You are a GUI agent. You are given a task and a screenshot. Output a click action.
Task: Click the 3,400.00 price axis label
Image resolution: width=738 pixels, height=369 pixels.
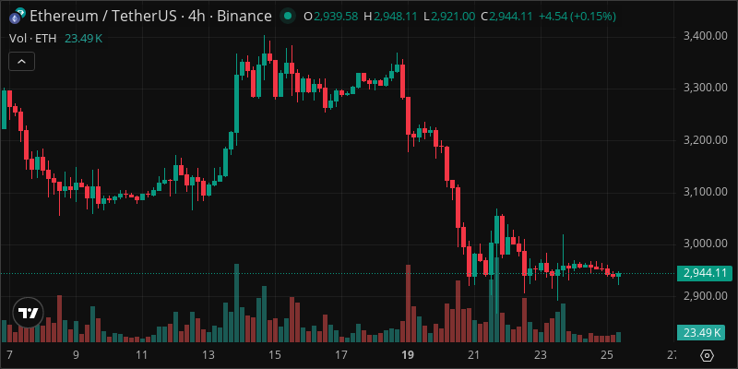click(705, 36)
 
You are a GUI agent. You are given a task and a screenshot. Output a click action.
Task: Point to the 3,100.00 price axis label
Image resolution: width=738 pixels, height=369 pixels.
click(705, 192)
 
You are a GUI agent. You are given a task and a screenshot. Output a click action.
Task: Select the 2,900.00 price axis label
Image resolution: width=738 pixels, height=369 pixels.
click(705, 296)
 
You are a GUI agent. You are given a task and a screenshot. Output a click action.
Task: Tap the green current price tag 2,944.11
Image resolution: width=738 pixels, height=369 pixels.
click(705, 273)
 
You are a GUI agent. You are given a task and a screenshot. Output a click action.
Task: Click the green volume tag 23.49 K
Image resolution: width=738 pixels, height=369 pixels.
click(705, 332)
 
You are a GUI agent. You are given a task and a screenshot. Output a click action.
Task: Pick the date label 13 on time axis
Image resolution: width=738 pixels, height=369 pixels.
click(208, 355)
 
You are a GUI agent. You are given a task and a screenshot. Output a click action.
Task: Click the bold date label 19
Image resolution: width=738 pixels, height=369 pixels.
click(407, 355)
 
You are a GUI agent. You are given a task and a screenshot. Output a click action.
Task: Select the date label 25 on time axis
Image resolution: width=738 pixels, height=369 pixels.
click(606, 355)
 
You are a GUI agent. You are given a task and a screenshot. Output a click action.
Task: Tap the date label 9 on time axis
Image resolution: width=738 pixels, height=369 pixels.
click(76, 355)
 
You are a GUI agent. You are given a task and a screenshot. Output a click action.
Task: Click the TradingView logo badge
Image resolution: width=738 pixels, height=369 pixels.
click(29, 313)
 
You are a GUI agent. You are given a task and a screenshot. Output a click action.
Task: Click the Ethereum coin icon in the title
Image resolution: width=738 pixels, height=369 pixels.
click(17, 17)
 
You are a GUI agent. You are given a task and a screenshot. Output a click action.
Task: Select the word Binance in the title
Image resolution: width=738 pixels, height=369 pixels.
click(244, 17)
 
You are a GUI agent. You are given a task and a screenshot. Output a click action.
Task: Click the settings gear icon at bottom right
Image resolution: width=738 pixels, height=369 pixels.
click(707, 355)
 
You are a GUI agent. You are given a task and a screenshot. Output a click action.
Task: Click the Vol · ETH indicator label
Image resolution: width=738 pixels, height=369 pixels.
click(30, 38)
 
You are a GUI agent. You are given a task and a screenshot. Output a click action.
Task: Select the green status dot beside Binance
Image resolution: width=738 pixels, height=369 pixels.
click(289, 17)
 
